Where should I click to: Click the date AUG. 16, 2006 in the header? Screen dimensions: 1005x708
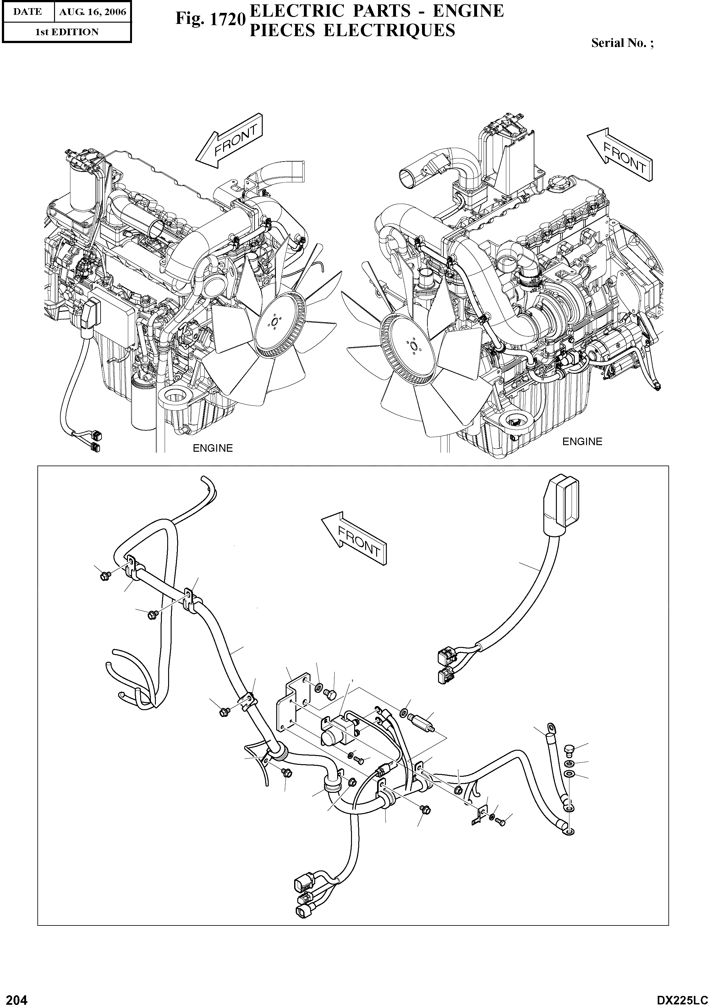pos(93,12)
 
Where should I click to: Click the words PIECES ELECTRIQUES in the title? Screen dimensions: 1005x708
pos(352,30)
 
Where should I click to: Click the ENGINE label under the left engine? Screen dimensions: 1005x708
pos(213,448)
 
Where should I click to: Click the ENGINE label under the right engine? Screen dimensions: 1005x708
pos(582,442)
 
